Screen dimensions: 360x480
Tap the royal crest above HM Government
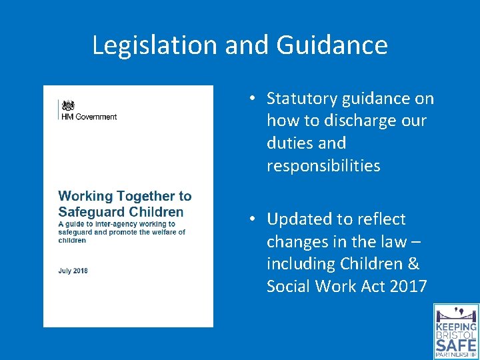coord(67,105)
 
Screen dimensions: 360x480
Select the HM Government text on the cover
coord(88,117)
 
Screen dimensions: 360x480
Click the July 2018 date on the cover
coord(73,271)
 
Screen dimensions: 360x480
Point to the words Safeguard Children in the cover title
coord(121,212)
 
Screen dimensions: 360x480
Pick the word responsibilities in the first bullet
coord(323,166)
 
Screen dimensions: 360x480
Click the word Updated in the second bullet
coord(298,219)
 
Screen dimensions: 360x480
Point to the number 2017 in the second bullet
coord(408,287)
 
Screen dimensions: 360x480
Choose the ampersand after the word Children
coord(413,264)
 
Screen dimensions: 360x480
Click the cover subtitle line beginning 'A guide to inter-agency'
coord(117,225)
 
